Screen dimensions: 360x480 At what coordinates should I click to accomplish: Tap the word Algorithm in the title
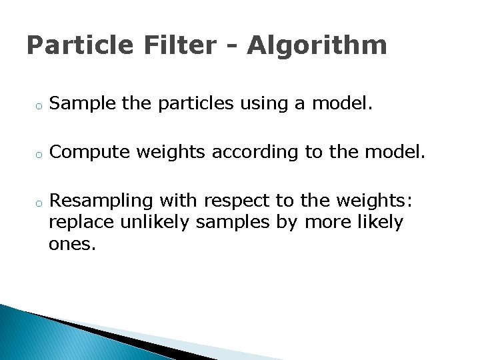(x=317, y=46)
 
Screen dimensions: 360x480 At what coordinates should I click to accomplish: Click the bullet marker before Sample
(x=39, y=105)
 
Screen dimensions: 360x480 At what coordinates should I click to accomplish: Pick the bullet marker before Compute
(x=39, y=154)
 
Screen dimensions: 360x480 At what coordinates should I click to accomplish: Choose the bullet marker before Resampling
(x=39, y=202)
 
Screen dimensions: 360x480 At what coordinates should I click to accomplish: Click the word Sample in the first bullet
(x=83, y=103)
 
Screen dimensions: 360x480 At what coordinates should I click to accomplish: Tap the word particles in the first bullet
(x=193, y=104)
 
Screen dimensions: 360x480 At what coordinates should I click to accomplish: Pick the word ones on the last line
(x=72, y=244)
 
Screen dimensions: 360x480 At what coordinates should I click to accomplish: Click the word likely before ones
(x=379, y=223)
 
